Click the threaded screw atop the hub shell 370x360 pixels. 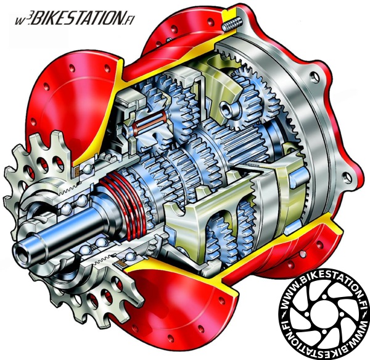(x=232, y=23)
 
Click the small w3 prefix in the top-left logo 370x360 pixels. (x=21, y=20)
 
